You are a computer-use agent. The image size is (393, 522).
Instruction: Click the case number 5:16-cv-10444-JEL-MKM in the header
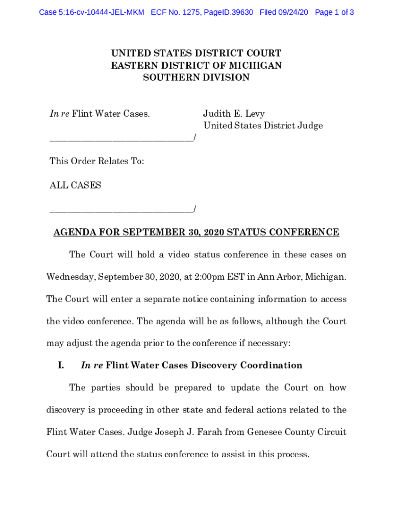pos(91,12)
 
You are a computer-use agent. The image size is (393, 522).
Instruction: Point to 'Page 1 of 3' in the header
pos(335,12)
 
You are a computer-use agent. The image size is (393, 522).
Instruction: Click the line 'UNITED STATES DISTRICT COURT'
pos(196,54)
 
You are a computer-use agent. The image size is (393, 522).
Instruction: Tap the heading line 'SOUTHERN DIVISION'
pos(196,77)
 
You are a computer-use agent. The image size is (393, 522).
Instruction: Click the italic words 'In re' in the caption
pos(59,114)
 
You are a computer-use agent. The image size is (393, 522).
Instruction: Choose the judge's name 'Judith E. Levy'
pos(234,114)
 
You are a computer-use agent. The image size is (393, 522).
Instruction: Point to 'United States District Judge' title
pos(263,125)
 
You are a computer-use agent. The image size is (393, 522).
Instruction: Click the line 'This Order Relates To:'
pos(96,161)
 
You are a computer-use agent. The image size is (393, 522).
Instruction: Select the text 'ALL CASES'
pos(75,185)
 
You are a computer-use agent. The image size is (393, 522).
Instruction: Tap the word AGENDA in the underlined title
pos(75,232)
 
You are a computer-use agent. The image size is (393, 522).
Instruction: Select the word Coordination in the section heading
pos(272,366)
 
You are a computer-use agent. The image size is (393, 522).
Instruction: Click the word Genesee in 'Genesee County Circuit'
pos(264,432)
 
